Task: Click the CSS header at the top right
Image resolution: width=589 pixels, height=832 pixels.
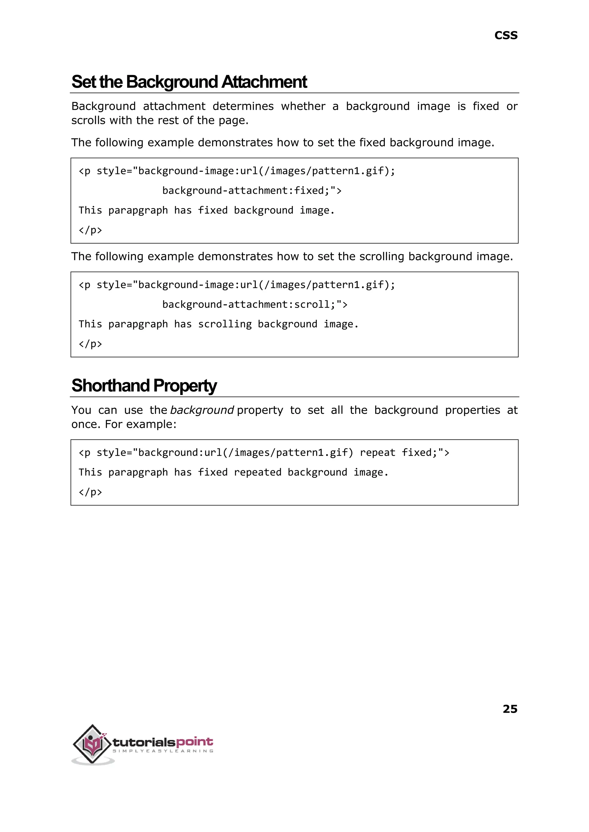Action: click(506, 36)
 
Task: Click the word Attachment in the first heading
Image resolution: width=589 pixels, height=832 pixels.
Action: click(264, 82)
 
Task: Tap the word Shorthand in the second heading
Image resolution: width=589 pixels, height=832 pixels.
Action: click(110, 386)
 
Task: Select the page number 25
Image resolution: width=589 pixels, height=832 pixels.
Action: click(510, 709)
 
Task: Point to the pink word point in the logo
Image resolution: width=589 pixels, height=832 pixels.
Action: click(195, 742)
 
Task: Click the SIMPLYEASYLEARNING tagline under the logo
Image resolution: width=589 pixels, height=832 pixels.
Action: click(163, 751)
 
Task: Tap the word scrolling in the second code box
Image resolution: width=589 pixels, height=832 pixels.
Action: click(225, 324)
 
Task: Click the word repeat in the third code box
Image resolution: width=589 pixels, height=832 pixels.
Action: click(377, 453)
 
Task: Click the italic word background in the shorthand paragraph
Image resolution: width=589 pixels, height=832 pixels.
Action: click(202, 410)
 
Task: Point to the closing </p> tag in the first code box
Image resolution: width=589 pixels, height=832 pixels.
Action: click(90, 230)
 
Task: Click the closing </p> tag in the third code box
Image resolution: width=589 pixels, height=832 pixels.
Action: click(90, 492)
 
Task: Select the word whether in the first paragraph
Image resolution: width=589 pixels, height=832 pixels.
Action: click(303, 106)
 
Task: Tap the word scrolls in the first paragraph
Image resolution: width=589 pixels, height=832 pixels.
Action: click(88, 120)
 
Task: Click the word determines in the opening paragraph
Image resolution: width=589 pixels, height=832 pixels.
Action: click(243, 106)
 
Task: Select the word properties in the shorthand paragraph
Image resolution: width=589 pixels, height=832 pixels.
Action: click(472, 410)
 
